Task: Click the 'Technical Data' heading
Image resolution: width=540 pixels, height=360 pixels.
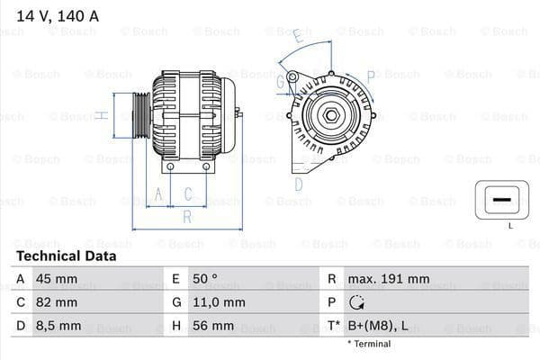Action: tap(67, 256)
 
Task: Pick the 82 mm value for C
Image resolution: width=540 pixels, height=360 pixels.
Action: tap(56, 302)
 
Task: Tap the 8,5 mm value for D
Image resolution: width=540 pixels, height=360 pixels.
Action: tap(58, 326)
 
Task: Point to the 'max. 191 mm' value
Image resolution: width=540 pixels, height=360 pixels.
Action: tap(391, 279)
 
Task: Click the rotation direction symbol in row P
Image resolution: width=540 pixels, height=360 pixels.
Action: tap(358, 303)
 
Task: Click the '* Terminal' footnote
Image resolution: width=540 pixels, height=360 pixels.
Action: tap(369, 344)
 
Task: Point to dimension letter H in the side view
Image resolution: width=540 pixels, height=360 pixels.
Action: tap(103, 114)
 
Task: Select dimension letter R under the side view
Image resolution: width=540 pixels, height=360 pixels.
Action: tap(186, 217)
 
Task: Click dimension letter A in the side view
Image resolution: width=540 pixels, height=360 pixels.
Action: tap(158, 193)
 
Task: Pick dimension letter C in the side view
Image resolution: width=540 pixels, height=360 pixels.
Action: tap(188, 193)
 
